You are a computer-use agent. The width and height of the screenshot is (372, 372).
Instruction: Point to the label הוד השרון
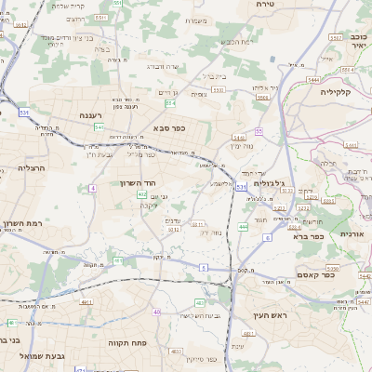(137, 183)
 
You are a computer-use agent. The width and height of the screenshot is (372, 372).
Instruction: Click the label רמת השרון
(20, 224)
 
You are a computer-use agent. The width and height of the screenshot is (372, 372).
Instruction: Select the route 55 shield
(259, 131)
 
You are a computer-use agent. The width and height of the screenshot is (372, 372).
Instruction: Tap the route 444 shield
(243, 226)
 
